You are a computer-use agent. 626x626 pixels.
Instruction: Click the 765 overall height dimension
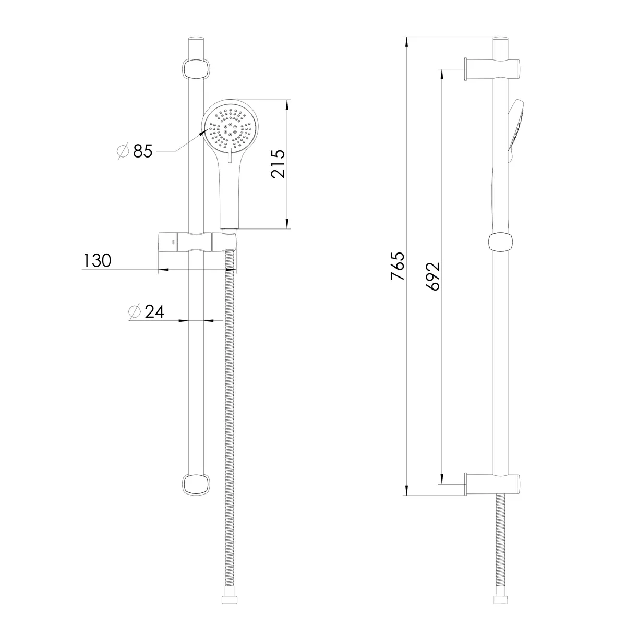point(398,266)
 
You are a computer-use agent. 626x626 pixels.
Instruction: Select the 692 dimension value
point(432,276)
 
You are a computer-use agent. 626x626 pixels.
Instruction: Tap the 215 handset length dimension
point(278,164)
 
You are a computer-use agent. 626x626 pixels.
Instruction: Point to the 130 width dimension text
point(97,260)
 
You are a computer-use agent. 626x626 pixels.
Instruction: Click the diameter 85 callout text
point(135,151)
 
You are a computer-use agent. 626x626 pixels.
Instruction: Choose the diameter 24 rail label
point(146,311)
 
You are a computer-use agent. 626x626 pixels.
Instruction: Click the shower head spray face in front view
point(231,128)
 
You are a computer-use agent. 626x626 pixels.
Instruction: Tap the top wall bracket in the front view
point(196,69)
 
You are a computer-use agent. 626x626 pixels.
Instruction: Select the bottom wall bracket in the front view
point(196,485)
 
